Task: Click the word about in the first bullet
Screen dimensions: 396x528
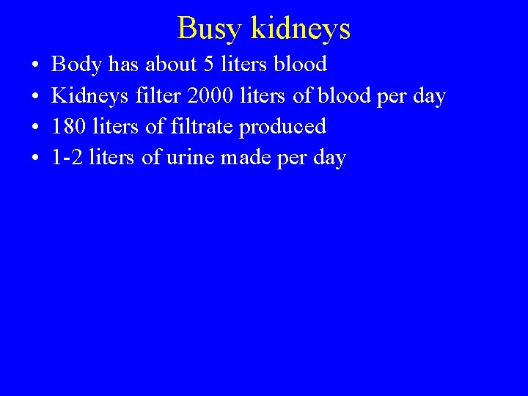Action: coord(172,65)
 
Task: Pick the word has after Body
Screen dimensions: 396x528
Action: coord(123,65)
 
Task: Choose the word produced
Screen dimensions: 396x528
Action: coord(282,128)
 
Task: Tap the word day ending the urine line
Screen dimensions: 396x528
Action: coord(329,158)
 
